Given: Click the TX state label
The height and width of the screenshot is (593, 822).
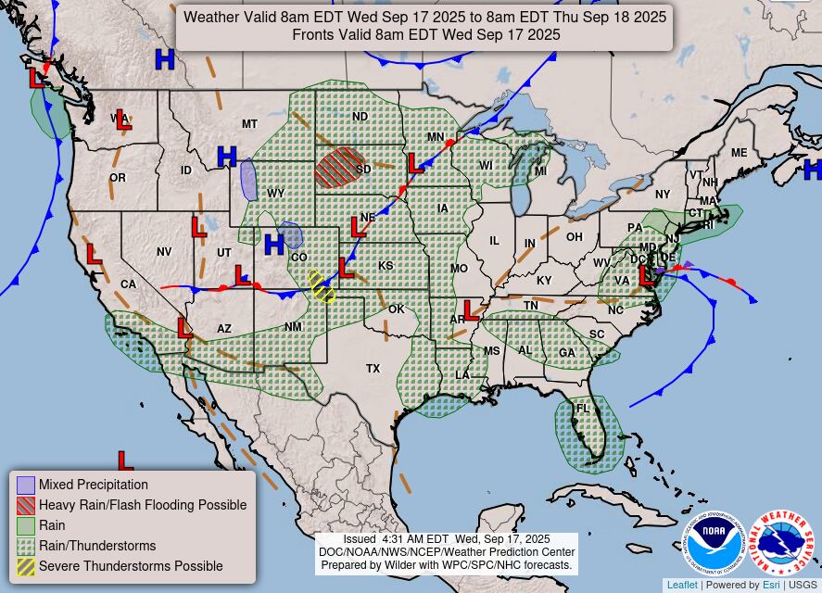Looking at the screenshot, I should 373,369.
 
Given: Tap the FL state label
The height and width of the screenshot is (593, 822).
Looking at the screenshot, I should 583,409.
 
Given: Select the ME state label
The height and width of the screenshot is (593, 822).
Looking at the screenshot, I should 739,153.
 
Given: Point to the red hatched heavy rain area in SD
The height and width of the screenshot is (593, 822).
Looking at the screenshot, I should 339,168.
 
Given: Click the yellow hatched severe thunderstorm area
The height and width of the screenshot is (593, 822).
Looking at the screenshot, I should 322,286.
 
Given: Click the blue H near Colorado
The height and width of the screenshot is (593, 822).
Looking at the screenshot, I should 273,245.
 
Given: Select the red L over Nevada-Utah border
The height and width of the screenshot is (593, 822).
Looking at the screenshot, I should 199,227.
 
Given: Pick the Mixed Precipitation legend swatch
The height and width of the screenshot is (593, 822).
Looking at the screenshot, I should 26,485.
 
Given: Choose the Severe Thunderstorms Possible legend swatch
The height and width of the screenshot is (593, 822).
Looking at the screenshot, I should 26,566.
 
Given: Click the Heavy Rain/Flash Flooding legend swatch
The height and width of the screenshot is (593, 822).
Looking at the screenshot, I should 26,505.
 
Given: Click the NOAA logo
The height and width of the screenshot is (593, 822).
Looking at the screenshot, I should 715,543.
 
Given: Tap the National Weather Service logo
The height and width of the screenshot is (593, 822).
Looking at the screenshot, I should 781,543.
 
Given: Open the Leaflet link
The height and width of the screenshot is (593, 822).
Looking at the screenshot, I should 682,585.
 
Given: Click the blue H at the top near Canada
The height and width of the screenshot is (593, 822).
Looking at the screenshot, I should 165,60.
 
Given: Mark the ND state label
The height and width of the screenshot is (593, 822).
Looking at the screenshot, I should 360,117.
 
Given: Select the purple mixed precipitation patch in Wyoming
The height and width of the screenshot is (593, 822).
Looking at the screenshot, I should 248,179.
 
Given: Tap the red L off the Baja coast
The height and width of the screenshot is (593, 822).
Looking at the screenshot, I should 125,460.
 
